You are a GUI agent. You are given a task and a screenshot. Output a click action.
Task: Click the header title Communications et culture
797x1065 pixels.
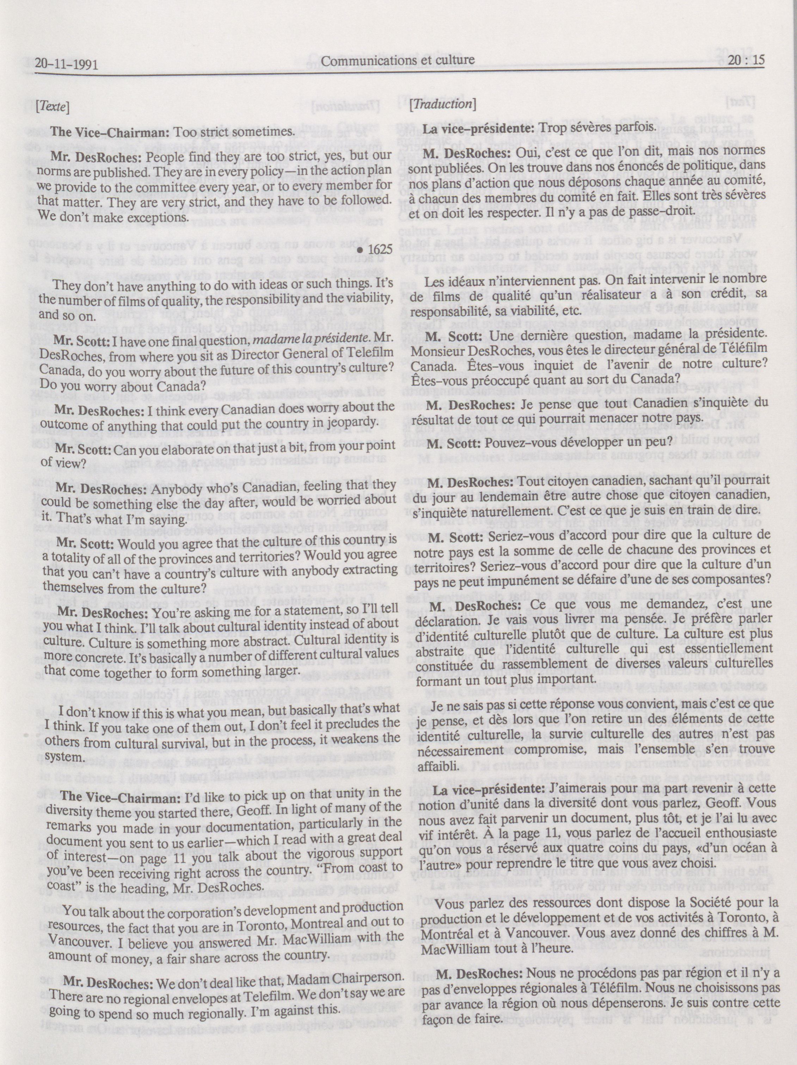point(398,60)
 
